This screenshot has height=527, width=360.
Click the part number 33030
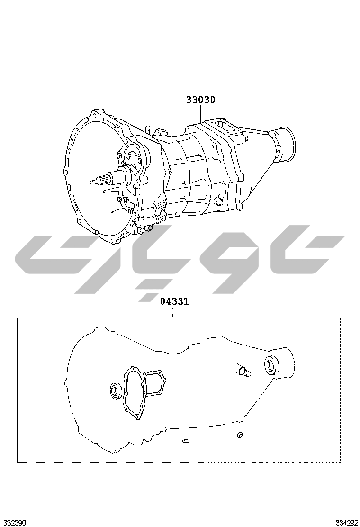point(201,100)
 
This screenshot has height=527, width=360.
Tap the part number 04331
point(174,301)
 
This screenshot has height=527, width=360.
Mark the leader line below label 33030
point(200,114)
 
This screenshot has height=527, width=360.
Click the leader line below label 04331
point(172,312)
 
